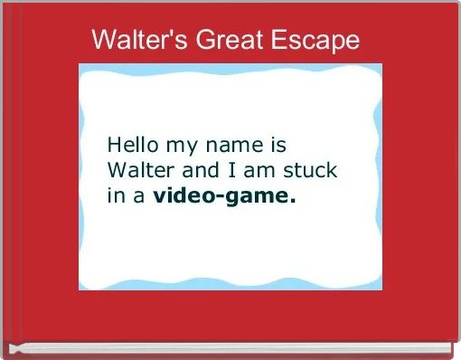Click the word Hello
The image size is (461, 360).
pos(131,145)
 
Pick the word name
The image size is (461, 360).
pos(238,146)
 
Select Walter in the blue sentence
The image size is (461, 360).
pos(136,169)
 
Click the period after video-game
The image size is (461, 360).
pos(293,199)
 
